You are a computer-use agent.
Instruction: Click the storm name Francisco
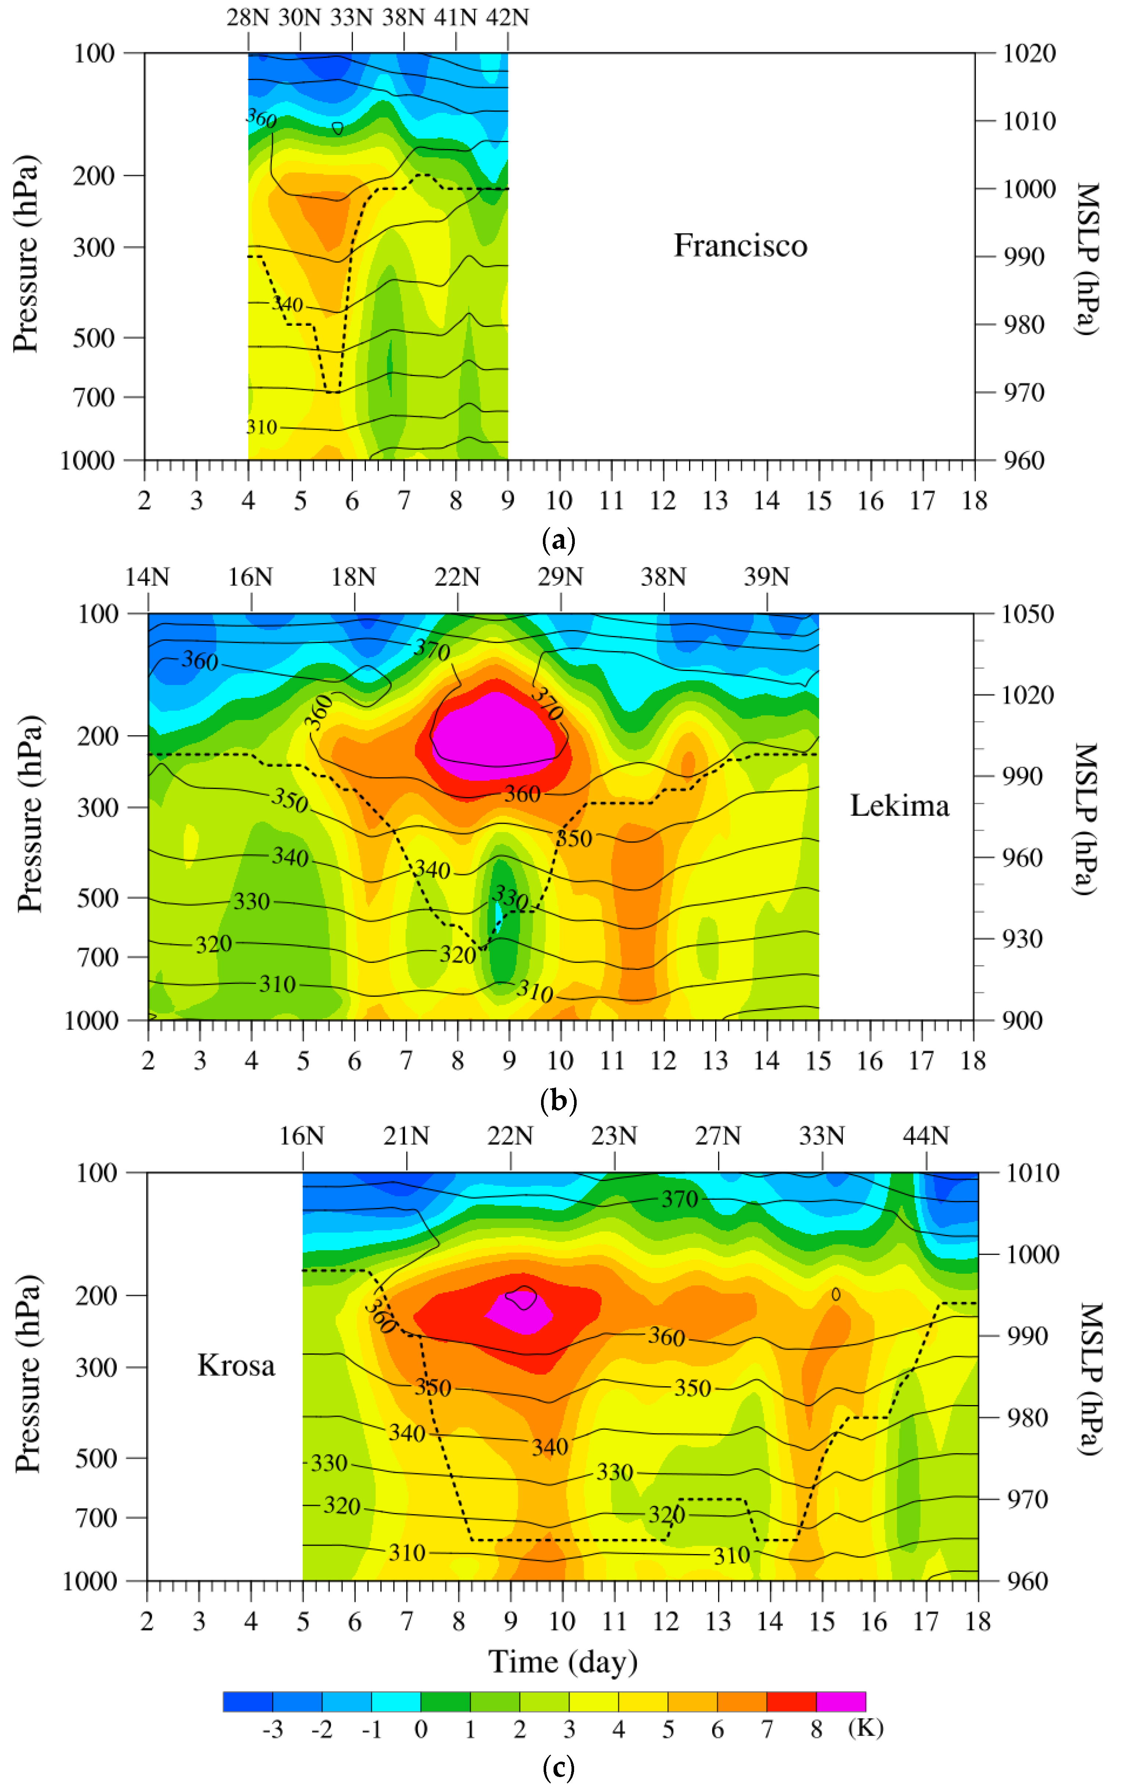[x=740, y=245]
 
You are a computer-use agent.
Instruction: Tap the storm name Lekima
[x=898, y=806]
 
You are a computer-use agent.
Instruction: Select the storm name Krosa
[x=236, y=1365]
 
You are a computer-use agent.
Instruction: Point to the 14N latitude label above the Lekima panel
[x=148, y=577]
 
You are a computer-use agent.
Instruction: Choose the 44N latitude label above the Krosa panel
[x=925, y=1136]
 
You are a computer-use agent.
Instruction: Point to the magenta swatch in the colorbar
[x=841, y=1701]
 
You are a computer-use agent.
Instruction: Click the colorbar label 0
[x=420, y=1729]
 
